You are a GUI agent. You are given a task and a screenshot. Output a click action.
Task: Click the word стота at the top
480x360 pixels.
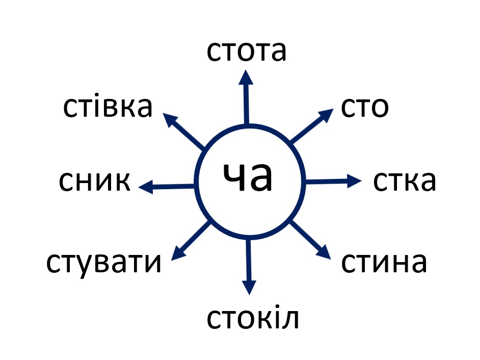[247, 52]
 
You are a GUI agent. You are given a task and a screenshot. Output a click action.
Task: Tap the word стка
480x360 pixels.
[405, 181]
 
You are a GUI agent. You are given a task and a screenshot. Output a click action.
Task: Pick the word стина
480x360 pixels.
[383, 262]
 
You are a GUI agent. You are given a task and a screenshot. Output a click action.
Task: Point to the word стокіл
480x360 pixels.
[252, 318]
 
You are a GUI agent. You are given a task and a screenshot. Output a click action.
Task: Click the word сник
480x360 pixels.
[95, 181]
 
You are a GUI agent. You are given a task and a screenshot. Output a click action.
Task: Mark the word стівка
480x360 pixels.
[108, 107]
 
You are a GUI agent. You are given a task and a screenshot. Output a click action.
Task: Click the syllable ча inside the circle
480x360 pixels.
[249, 178]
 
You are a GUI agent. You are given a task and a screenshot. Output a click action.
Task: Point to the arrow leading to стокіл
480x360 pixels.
[249, 265]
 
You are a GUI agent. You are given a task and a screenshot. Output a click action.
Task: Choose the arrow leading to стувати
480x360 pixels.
[191, 241]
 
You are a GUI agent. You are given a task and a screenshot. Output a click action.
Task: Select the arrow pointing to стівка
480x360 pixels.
[184, 132]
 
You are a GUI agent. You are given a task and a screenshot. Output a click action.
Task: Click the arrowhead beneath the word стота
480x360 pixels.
[246, 77]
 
